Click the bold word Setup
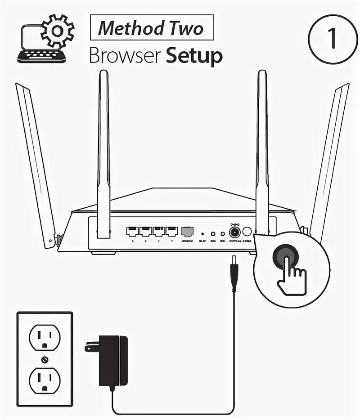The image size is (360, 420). (x=194, y=56)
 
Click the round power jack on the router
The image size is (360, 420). (x=234, y=232)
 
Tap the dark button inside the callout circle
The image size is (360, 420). (x=286, y=256)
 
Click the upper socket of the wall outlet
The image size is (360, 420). (x=44, y=335)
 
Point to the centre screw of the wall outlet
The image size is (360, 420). (x=44, y=359)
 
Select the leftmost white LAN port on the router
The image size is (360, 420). (x=133, y=232)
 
